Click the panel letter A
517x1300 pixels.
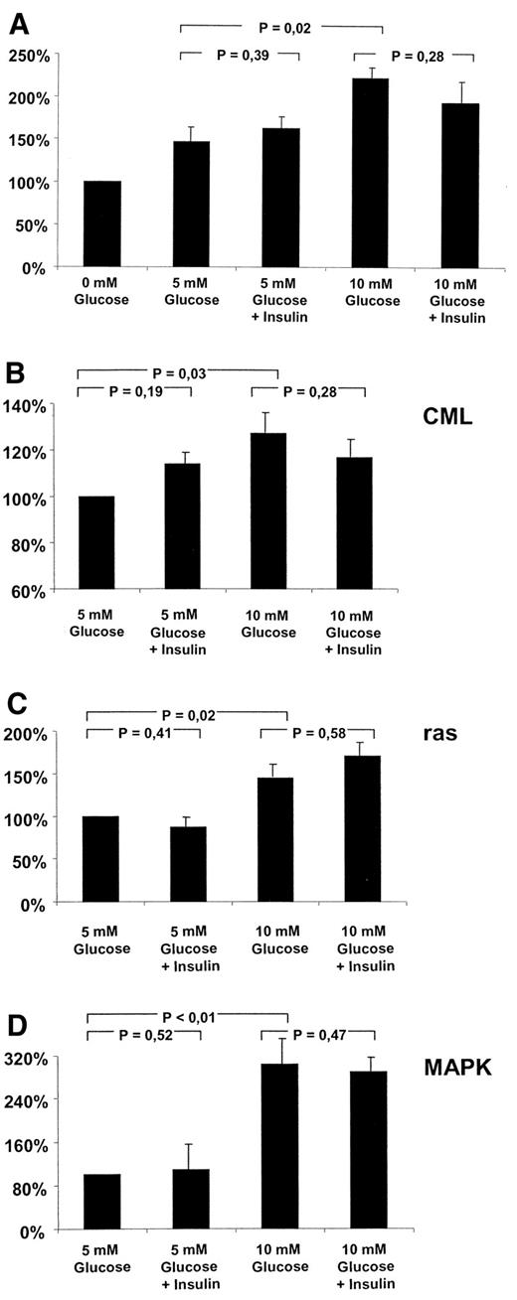18,17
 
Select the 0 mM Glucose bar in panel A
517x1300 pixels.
102,223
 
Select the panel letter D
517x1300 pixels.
17,1017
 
